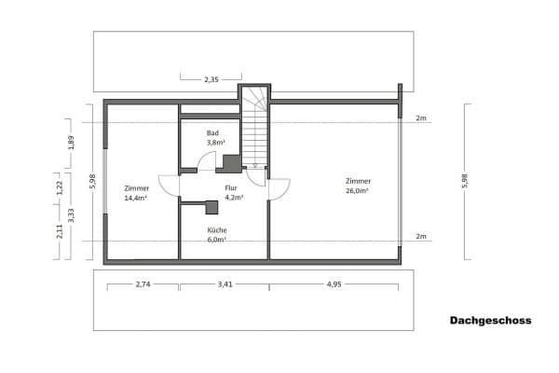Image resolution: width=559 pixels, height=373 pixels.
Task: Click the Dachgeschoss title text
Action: [490, 320]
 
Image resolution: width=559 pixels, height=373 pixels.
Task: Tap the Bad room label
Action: [212, 133]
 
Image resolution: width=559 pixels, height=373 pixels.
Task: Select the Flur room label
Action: [232, 187]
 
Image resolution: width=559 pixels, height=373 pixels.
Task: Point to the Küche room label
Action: [217, 229]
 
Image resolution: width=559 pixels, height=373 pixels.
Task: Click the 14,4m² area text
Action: [137, 199]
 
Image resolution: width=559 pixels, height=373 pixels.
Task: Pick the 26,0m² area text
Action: [357, 190]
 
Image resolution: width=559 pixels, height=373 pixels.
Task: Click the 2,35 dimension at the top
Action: [211, 80]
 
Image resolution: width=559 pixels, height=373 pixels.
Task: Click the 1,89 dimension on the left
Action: [71, 143]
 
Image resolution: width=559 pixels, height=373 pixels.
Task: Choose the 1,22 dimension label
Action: [61, 186]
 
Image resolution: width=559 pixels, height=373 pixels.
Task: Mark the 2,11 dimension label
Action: [61, 229]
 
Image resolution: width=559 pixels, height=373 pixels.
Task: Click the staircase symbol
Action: [255, 131]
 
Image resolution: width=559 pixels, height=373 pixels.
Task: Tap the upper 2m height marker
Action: [421, 119]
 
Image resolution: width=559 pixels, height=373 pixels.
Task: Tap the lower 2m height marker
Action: [421, 237]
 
